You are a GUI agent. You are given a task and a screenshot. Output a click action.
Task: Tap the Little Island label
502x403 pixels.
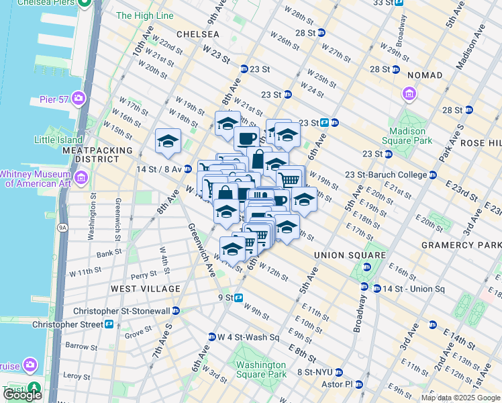point(57,140)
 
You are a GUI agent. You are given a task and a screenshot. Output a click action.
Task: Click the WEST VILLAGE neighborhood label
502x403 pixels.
point(146,289)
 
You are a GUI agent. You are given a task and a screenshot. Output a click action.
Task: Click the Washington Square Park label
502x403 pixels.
point(261,369)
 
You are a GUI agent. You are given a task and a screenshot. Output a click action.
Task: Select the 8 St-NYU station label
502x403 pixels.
point(315,372)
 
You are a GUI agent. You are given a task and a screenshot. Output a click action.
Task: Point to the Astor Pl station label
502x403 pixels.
point(339,384)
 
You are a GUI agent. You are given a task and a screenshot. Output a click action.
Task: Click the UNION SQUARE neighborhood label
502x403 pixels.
point(350,255)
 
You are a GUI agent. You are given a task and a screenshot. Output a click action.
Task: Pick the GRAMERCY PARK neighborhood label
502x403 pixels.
point(461,245)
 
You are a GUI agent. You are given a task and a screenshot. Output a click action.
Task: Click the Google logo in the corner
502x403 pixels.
point(22,396)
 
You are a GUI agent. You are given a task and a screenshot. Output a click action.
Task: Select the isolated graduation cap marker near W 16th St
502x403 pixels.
point(168,142)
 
